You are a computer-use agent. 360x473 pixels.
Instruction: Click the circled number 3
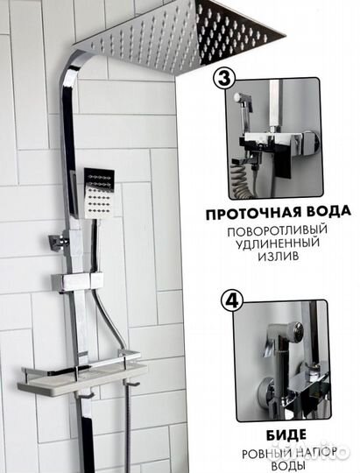224,78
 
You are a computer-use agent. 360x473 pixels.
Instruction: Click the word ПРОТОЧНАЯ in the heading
253,213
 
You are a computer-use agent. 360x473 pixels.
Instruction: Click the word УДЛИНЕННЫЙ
277,244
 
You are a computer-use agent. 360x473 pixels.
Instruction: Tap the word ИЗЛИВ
278,256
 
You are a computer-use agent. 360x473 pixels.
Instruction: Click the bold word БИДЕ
286,434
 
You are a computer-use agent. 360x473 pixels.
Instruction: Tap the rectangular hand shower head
99,192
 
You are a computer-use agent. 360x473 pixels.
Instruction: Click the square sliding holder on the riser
78,282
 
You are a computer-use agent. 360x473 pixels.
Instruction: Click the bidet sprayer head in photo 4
284,331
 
